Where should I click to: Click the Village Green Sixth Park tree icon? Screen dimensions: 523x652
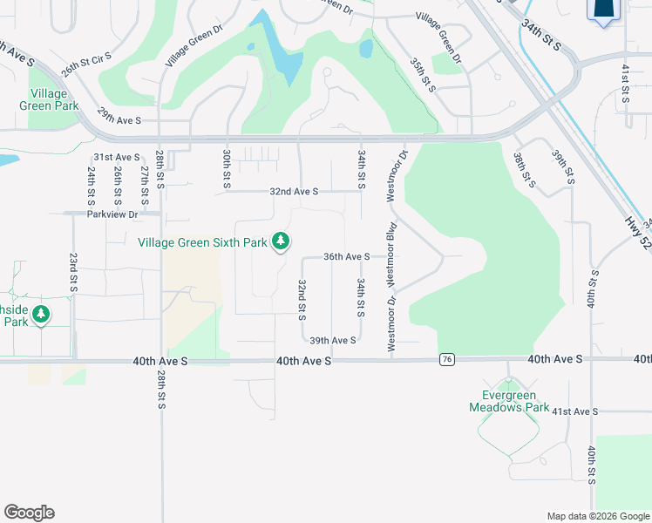(x=281, y=241)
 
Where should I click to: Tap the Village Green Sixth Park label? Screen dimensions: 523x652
(x=202, y=242)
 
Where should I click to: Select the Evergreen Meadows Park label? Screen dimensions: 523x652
(x=509, y=401)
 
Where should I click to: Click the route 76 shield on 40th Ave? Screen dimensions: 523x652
(x=447, y=359)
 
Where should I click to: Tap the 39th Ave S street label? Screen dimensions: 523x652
(x=332, y=340)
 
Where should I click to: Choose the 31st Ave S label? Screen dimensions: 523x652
(x=116, y=157)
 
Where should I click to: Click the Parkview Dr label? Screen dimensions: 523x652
(x=112, y=214)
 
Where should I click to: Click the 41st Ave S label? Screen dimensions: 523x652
(x=575, y=411)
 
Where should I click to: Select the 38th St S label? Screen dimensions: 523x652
(x=524, y=169)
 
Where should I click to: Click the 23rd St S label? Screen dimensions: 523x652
(x=72, y=273)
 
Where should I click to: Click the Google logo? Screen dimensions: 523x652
(x=29, y=513)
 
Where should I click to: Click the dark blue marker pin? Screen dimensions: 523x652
(x=603, y=9)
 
